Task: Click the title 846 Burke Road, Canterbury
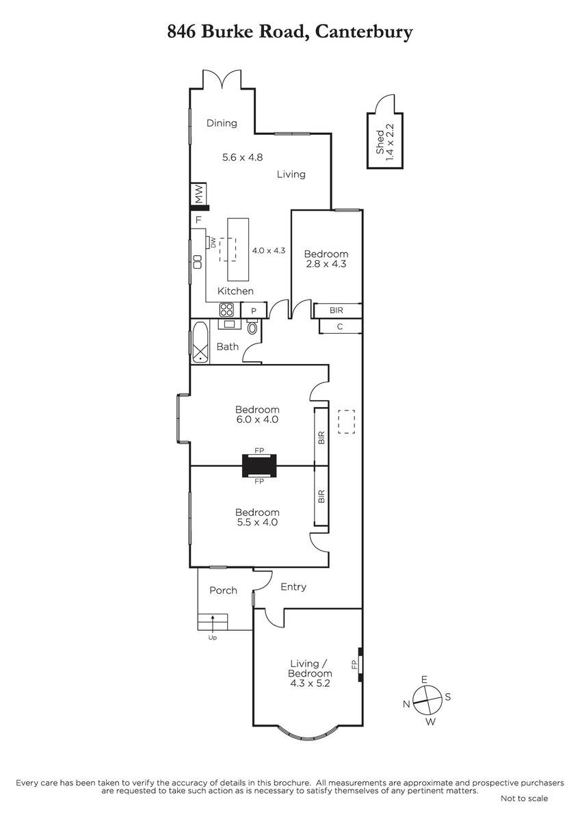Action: coord(290,32)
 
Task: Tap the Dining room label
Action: coord(222,123)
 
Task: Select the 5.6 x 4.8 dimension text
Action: coord(243,157)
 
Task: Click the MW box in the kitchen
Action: coord(199,194)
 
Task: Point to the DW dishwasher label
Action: coord(213,243)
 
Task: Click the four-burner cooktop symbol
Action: coord(226,310)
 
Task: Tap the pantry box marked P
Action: coord(254,311)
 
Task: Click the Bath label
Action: coord(228,346)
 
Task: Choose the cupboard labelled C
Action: coord(341,326)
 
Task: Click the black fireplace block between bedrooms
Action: coord(259,465)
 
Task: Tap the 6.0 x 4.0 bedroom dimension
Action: coord(257,419)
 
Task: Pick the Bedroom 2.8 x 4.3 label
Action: coord(326,259)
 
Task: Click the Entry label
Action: coord(293,587)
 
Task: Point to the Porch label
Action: coord(223,590)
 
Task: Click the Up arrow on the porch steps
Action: coord(213,622)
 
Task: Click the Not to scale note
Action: coord(525,798)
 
